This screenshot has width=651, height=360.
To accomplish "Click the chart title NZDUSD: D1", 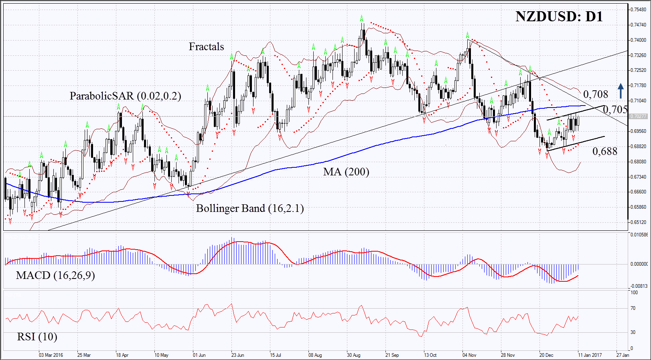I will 559,17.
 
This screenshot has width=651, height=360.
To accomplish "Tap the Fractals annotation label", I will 206,47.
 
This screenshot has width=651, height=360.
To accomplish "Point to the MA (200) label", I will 346,172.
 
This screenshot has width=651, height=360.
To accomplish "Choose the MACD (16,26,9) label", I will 55,275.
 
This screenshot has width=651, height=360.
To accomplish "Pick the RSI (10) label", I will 37,337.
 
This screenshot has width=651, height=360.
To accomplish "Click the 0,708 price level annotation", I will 595,95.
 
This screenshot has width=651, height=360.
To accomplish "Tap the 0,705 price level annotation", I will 615,110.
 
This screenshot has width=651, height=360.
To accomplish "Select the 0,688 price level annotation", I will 605,151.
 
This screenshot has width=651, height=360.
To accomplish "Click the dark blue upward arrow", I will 621,91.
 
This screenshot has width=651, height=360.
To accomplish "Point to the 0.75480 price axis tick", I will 638,9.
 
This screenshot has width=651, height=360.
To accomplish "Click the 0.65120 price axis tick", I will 638,222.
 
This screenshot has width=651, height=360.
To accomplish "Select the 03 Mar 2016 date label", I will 51,355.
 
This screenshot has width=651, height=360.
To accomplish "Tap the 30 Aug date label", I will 353,355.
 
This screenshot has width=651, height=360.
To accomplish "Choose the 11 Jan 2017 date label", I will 590,355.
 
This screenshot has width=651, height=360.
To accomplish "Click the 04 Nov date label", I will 469,355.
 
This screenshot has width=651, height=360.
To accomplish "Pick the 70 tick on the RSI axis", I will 633,308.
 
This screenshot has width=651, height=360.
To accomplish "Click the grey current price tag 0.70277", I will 638,116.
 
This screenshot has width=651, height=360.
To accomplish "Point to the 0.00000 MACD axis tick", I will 639,264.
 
